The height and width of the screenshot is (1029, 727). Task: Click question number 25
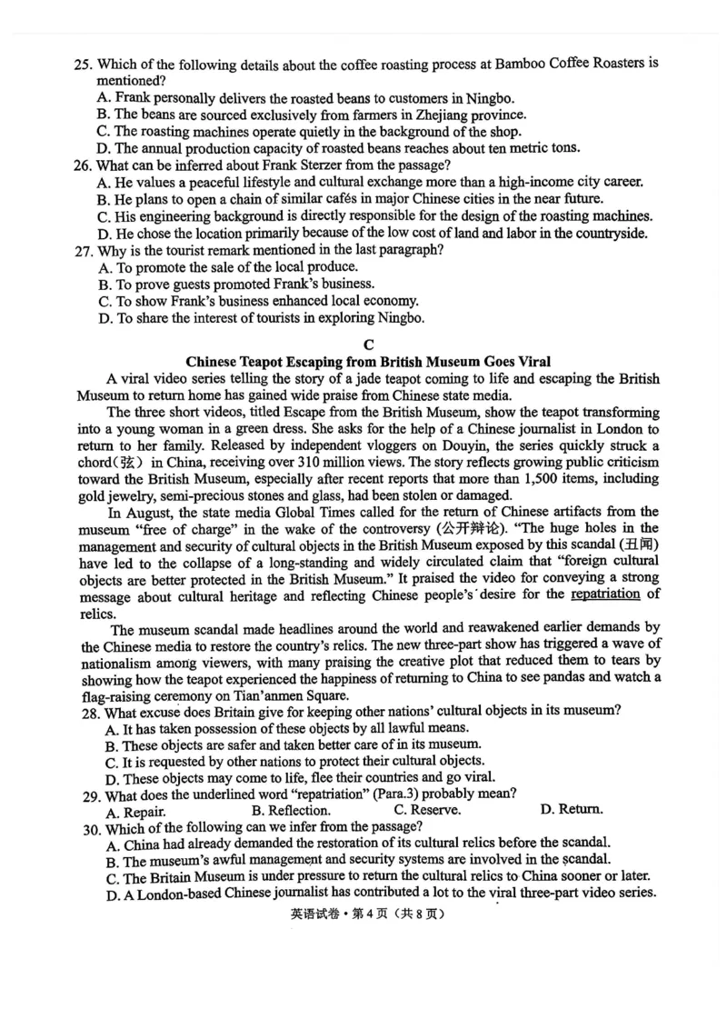[83, 65]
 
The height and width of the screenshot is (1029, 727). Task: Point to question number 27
[83, 250]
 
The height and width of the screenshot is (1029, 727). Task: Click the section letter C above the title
[367, 344]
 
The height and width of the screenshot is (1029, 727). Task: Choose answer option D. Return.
[571, 809]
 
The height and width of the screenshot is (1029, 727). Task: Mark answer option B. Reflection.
[291, 810]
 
